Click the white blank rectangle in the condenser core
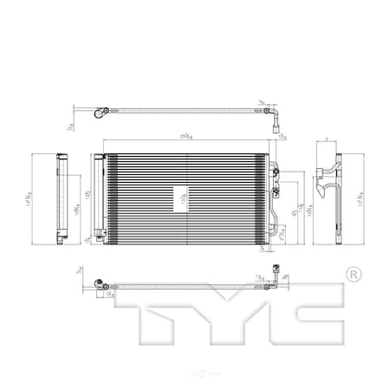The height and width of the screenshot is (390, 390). [180, 197]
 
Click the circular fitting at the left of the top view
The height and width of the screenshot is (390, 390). [101, 111]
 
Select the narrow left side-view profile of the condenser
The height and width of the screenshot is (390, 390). [62, 198]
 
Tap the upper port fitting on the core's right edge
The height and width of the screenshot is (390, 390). [275, 172]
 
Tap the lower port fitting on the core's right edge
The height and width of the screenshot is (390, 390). [276, 192]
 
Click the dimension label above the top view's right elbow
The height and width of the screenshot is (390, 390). [262, 102]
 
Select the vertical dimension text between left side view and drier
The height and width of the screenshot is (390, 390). [76, 209]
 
